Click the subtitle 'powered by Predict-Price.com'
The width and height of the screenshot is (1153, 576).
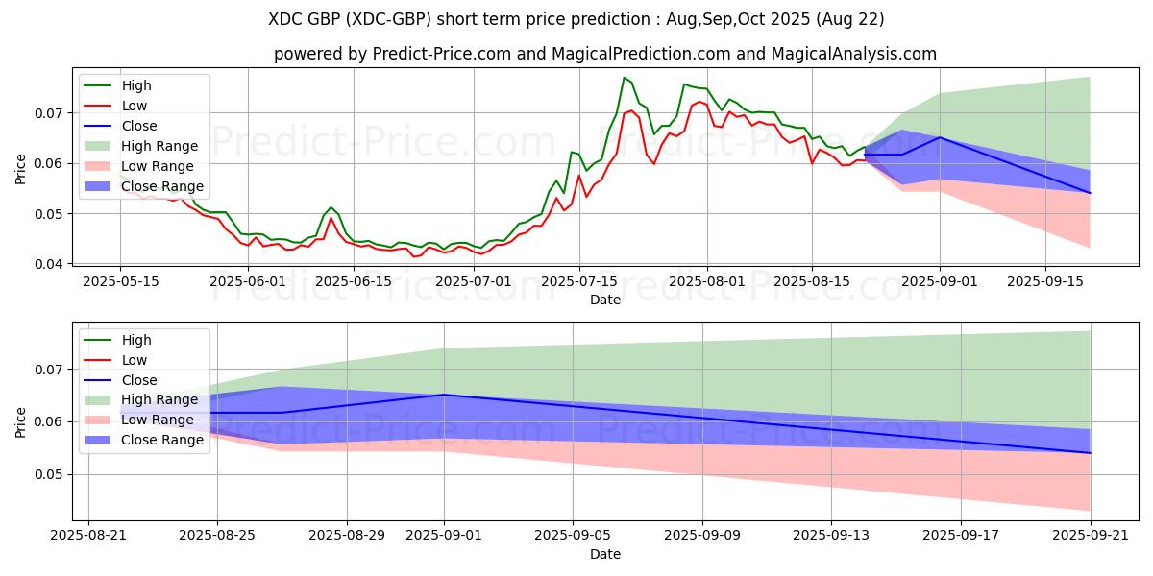click(x=604, y=54)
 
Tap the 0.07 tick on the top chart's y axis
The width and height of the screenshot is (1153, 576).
click(x=53, y=113)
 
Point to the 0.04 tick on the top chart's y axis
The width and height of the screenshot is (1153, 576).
click(x=53, y=264)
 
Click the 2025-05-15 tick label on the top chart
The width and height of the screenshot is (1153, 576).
click(x=120, y=281)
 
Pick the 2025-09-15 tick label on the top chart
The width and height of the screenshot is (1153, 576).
click(x=1045, y=281)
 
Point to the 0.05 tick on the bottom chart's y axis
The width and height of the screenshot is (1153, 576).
click(x=53, y=474)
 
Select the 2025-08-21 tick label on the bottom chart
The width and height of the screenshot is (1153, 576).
click(x=88, y=537)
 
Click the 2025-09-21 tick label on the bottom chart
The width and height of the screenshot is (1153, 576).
click(x=1090, y=537)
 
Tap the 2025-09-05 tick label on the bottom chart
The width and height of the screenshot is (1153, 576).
click(x=573, y=537)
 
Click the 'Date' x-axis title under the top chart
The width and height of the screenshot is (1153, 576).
click(x=604, y=300)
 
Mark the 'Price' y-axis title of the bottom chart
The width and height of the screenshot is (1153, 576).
click(x=21, y=422)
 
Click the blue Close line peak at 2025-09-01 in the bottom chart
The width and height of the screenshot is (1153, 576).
click(x=444, y=395)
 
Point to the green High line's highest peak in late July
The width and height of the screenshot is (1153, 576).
click(x=625, y=78)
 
